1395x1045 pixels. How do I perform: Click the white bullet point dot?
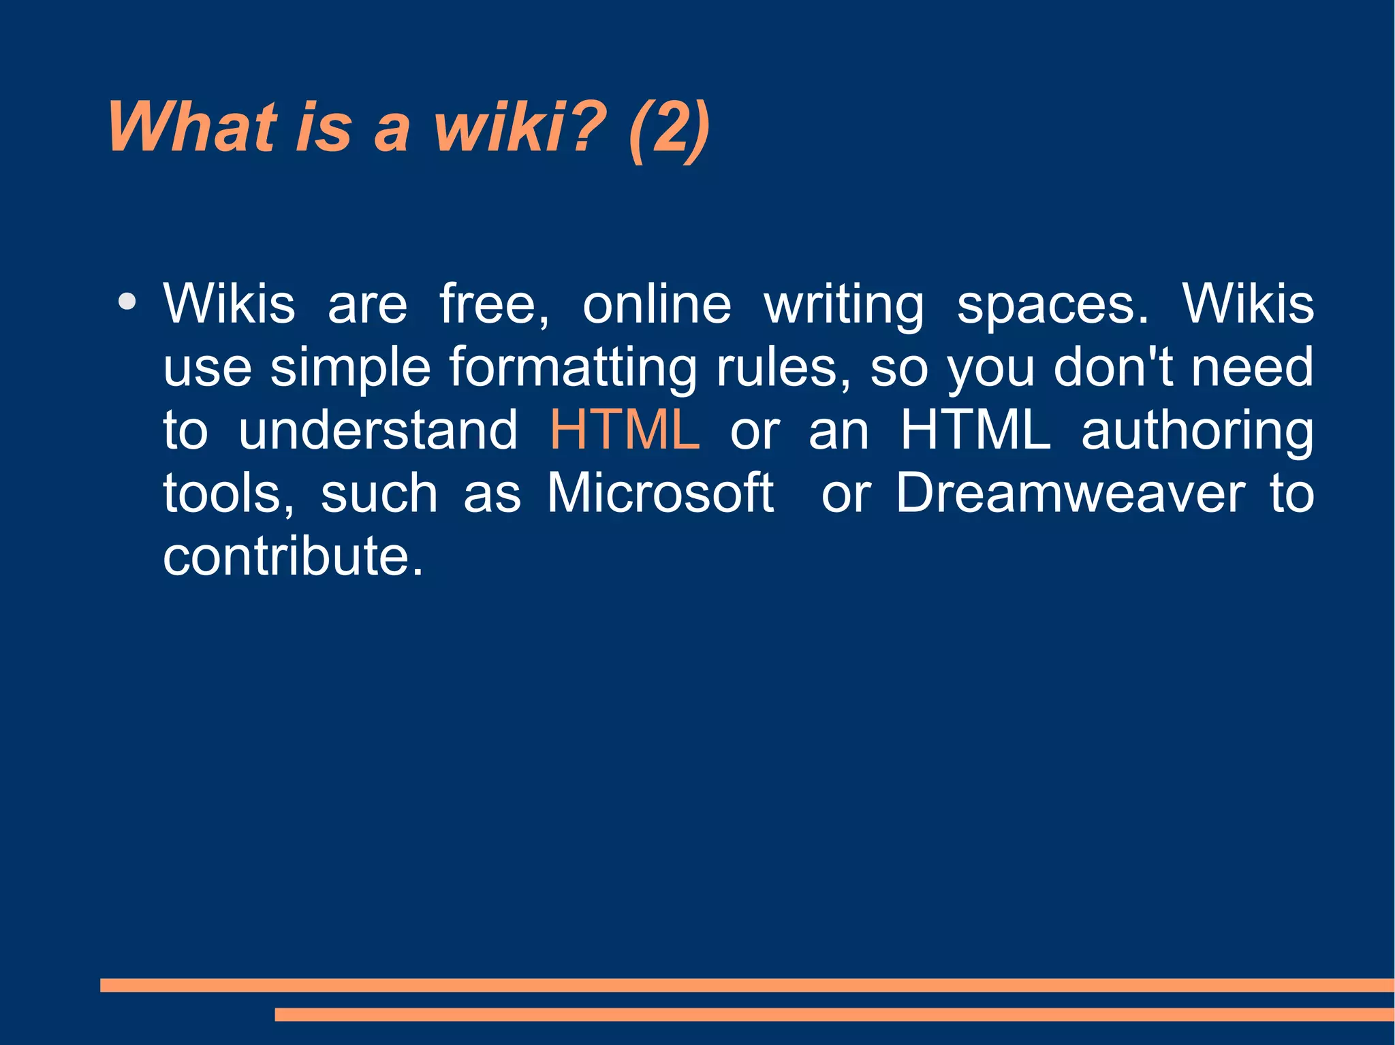(x=127, y=302)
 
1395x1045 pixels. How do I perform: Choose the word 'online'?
(x=657, y=304)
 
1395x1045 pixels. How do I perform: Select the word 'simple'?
(x=350, y=368)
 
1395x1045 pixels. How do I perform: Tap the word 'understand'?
(x=378, y=430)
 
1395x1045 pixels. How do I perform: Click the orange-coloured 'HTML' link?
(x=625, y=430)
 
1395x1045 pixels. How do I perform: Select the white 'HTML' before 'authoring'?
(x=975, y=430)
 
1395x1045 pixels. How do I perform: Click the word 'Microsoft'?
(x=660, y=493)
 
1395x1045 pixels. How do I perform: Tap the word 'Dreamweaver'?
(x=1070, y=493)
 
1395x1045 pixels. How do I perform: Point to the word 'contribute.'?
(x=293, y=556)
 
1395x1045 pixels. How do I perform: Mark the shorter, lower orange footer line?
(x=834, y=1015)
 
